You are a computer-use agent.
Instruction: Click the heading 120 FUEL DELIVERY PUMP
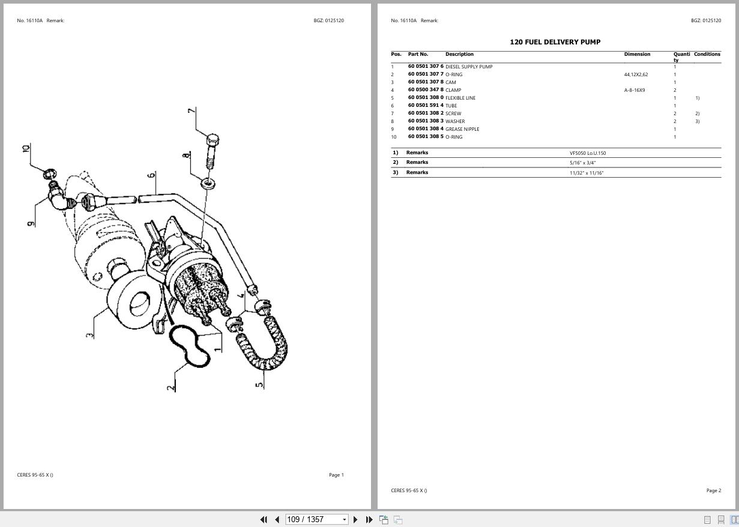555,42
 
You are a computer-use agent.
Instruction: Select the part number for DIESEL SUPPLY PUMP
426,67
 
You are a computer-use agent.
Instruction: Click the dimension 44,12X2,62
636,74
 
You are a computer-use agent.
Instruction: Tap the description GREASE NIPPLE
462,129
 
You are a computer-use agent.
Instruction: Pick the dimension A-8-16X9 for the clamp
635,90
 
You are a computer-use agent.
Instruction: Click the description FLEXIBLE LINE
460,98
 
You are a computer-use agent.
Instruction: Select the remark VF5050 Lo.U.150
588,153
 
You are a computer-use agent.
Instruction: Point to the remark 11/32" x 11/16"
587,173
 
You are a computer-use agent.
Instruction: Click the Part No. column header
418,54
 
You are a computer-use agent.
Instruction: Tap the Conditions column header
707,54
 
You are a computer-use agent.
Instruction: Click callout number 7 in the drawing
191,110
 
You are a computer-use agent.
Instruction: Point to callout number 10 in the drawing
26,148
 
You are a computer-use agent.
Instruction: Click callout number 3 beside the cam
90,334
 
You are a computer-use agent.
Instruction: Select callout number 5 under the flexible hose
259,384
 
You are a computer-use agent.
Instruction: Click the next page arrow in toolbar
355,519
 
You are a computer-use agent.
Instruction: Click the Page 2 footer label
713,490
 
